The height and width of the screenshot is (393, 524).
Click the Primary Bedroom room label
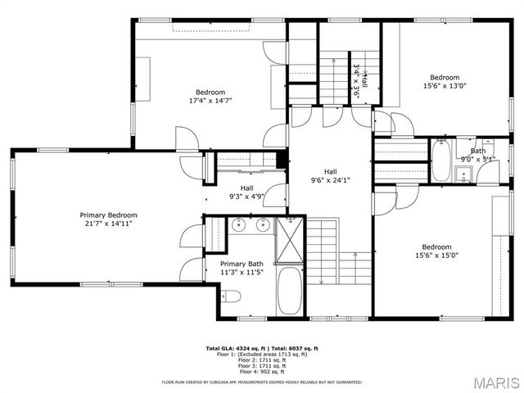pyautogui.click(x=108, y=214)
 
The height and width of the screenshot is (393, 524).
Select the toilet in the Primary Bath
pyautogui.click(x=230, y=296)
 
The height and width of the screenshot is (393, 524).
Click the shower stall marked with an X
pyautogui.click(x=290, y=239)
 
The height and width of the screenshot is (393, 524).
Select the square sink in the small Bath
pyautogui.click(x=463, y=173)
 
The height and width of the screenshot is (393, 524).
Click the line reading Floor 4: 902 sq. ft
pyautogui.click(x=262, y=372)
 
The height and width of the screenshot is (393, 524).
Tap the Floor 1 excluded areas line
pyautogui.click(x=262, y=354)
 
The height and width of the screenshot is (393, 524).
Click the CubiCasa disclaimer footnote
pyautogui.click(x=262, y=381)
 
